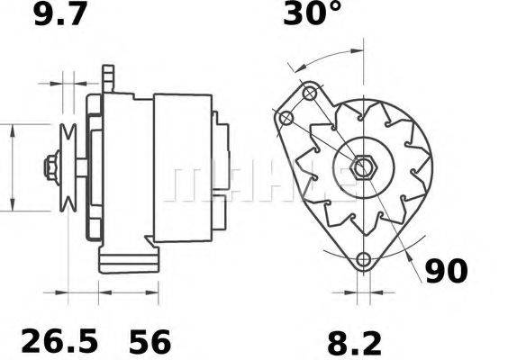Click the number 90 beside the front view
(x=448, y=271)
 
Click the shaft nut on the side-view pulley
(x=50, y=167)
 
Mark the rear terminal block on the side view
(x=220, y=216)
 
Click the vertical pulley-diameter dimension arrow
(x=12, y=167)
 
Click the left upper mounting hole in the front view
(x=286, y=118)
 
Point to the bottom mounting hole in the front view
(x=363, y=261)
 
